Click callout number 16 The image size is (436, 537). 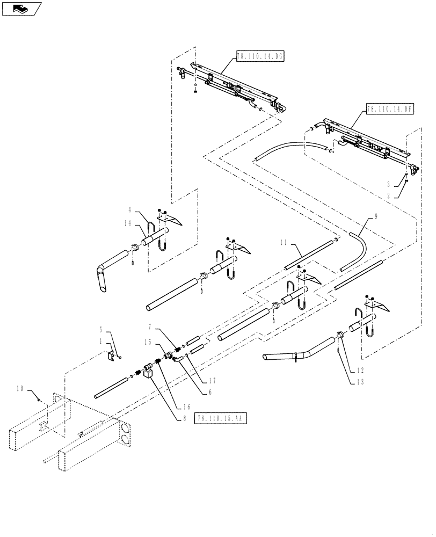186,408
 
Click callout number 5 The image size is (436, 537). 100,330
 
